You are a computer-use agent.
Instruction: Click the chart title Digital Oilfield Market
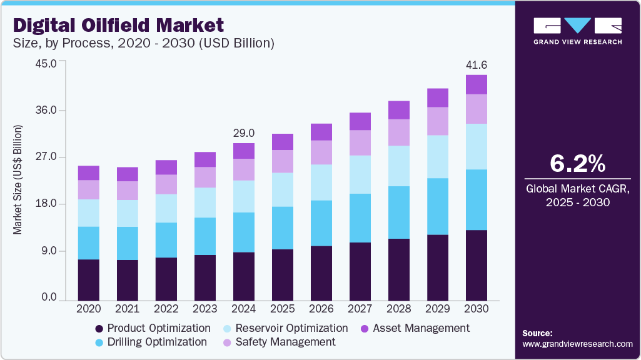point(118,26)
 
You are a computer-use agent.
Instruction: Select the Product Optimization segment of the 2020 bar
point(89,280)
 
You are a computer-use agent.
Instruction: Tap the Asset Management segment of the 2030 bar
point(477,84)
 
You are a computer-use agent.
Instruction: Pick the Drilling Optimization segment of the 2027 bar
point(360,218)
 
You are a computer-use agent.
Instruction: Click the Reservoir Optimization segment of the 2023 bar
point(205,202)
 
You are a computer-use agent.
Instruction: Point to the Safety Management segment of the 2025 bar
point(283,161)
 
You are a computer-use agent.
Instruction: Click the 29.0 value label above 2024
point(244,133)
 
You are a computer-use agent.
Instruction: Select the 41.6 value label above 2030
point(477,65)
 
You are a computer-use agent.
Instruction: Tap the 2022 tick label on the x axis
point(166,309)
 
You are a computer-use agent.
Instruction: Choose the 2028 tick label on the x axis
point(399,309)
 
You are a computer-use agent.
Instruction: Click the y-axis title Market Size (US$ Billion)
point(18,180)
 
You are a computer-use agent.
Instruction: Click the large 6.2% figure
point(577,164)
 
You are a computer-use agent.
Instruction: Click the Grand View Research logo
point(577,31)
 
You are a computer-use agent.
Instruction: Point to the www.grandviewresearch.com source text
point(577,344)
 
